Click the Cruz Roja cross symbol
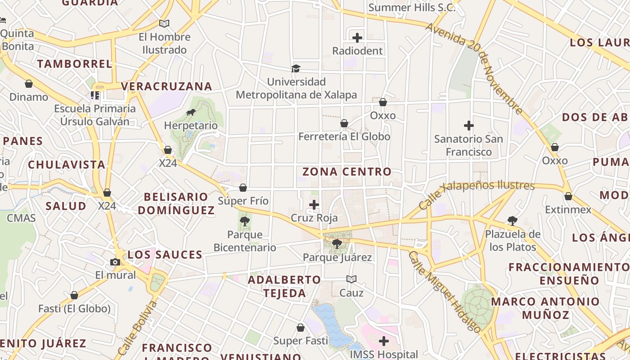[x=314, y=205]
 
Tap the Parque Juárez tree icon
[x=337, y=244]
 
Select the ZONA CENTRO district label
[x=346, y=171]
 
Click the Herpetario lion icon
[x=191, y=112]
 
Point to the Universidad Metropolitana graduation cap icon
[x=296, y=68]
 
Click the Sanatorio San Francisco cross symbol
[x=469, y=126]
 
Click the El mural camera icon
[x=115, y=262]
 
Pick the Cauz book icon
[x=351, y=279]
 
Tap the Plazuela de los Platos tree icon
[x=512, y=220]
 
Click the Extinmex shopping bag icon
[x=568, y=196]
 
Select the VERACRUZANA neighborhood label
[x=166, y=86]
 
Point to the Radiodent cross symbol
[x=357, y=38]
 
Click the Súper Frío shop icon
[x=243, y=188]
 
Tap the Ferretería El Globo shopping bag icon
[x=344, y=123]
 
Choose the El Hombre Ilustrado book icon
[x=164, y=23]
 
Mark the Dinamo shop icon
[x=29, y=84]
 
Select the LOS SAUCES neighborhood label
[x=165, y=255]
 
